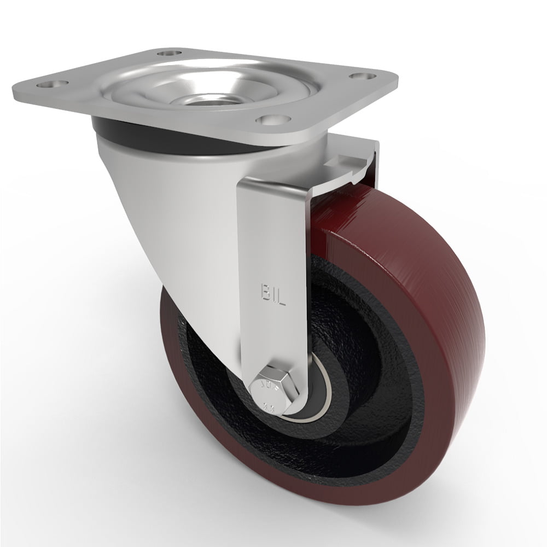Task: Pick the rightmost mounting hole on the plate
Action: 359,77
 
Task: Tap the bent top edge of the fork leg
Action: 273,186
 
